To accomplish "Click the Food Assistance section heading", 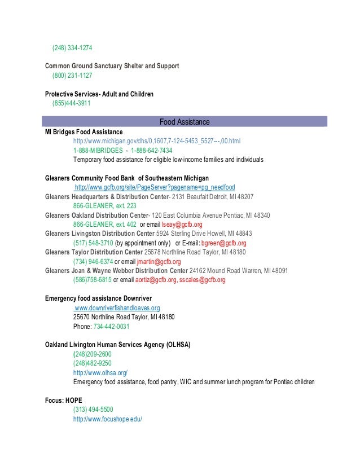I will click(x=185, y=121).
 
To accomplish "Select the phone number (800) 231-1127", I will click(x=73, y=75).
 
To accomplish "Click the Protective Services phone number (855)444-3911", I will click(x=72, y=103).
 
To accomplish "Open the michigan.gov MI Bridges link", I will click(x=156, y=140).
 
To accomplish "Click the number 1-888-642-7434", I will click(x=151, y=151).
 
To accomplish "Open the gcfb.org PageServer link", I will click(x=155, y=187).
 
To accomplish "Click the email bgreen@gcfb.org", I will click(x=212, y=243).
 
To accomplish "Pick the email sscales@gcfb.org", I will click(x=203, y=280).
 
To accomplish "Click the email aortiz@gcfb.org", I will click(x=156, y=280).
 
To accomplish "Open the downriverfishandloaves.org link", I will click(x=117, y=308).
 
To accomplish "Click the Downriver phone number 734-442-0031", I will click(x=111, y=327).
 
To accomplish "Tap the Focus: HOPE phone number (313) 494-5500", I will click(x=93, y=410).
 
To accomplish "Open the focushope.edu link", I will click(x=107, y=420).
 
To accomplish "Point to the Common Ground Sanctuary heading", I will click(x=112, y=66).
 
